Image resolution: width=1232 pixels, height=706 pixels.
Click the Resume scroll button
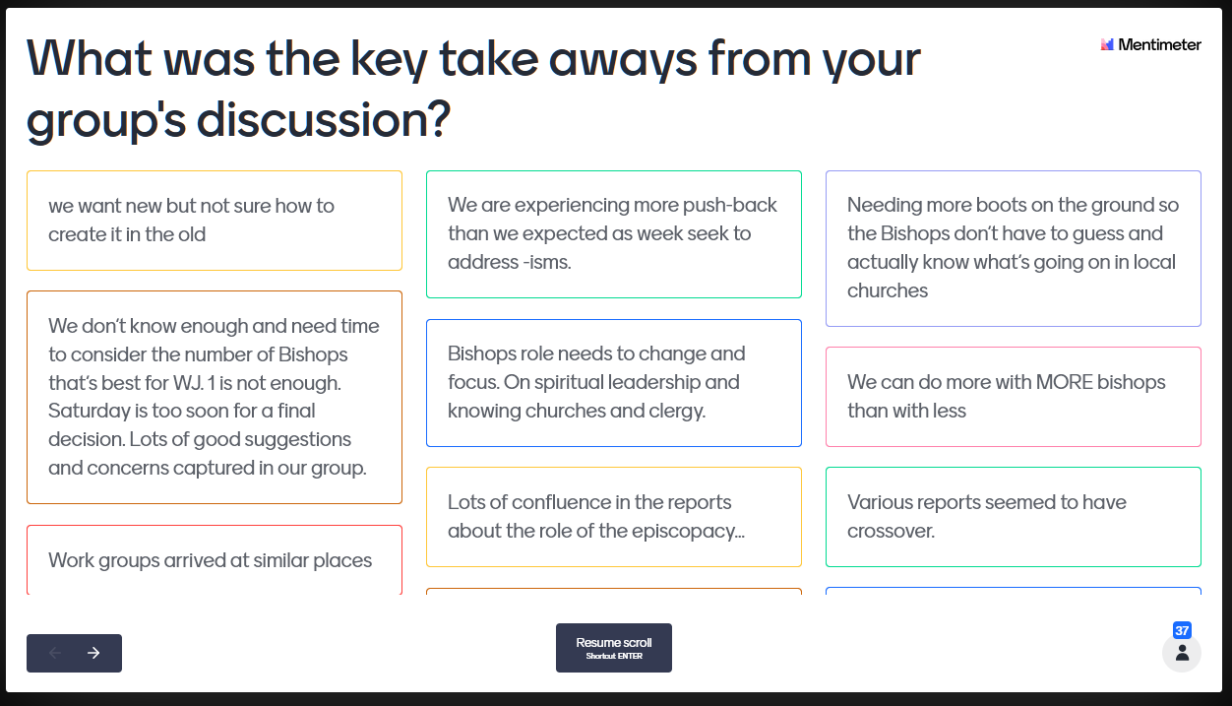click(x=614, y=648)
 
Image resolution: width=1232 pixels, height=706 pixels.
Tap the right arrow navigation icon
click(x=93, y=653)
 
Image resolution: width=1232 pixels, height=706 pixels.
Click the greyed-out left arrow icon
click(x=54, y=653)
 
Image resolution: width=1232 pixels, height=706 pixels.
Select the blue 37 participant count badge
click(x=1182, y=630)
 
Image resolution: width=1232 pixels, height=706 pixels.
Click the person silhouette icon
click(x=1182, y=653)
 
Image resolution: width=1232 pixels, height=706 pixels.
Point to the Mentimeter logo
click(x=1150, y=44)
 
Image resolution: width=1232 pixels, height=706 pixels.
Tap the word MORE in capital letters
click(x=1064, y=382)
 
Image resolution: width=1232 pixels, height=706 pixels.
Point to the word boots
click(x=1001, y=205)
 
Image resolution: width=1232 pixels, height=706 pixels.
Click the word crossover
click(x=891, y=531)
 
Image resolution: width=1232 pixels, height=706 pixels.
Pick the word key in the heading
click(x=390, y=59)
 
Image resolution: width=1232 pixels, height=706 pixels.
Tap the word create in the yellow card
click(x=77, y=234)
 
